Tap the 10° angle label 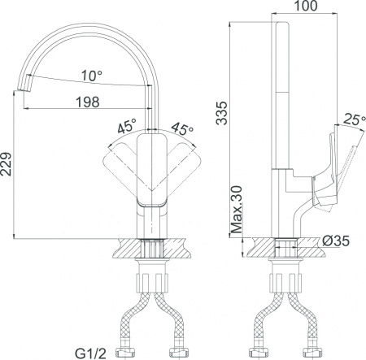(93, 76)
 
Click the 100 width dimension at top (304, 7)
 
